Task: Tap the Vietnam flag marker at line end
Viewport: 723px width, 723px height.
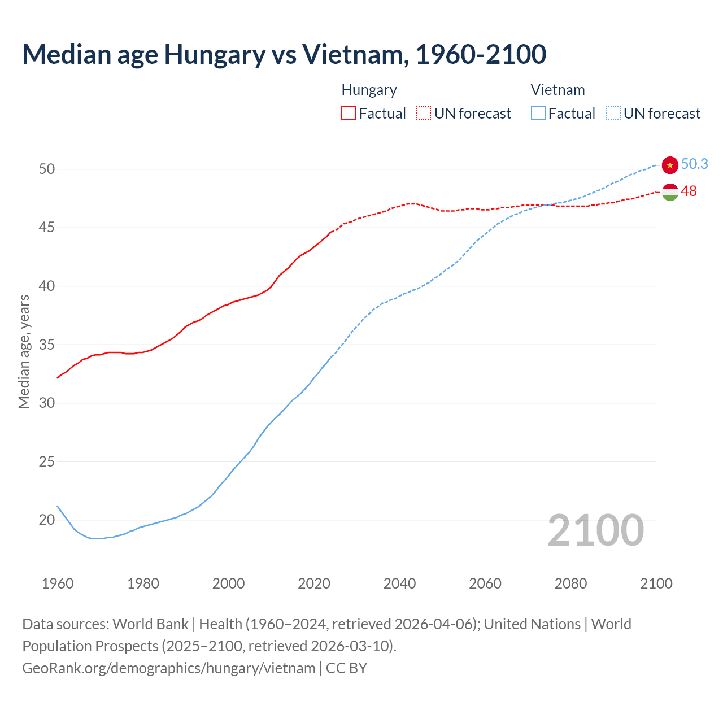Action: tap(670, 164)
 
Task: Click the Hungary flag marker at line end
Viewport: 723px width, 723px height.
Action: tap(670, 192)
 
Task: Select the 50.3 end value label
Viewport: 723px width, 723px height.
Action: tap(694, 164)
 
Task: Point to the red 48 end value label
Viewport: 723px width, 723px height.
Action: tap(689, 191)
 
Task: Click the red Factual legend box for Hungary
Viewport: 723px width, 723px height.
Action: tap(349, 114)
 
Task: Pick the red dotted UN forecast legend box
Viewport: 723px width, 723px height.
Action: tap(424, 114)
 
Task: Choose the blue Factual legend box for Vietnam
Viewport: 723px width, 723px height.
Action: tap(538, 114)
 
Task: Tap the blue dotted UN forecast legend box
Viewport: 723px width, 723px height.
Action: tap(613, 114)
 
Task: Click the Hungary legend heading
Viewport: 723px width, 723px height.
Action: tap(369, 90)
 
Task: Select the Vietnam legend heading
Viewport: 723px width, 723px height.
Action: tap(558, 90)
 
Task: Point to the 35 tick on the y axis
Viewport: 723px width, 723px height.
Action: tap(47, 345)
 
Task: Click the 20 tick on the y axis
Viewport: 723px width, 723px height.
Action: tap(47, 520)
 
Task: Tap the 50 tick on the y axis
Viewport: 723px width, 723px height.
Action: tap(47, 169)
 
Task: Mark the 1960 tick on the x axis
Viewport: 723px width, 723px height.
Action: tap(58, 583)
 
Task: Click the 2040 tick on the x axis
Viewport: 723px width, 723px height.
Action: tap(399, 583)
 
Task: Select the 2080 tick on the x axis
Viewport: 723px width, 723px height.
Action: tap(570, 583)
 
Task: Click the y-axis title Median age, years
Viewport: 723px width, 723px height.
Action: tap(24, 351)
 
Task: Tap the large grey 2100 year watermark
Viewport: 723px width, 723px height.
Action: tap(595, 530)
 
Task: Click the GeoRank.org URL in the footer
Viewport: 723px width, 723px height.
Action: tap(168, 668)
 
